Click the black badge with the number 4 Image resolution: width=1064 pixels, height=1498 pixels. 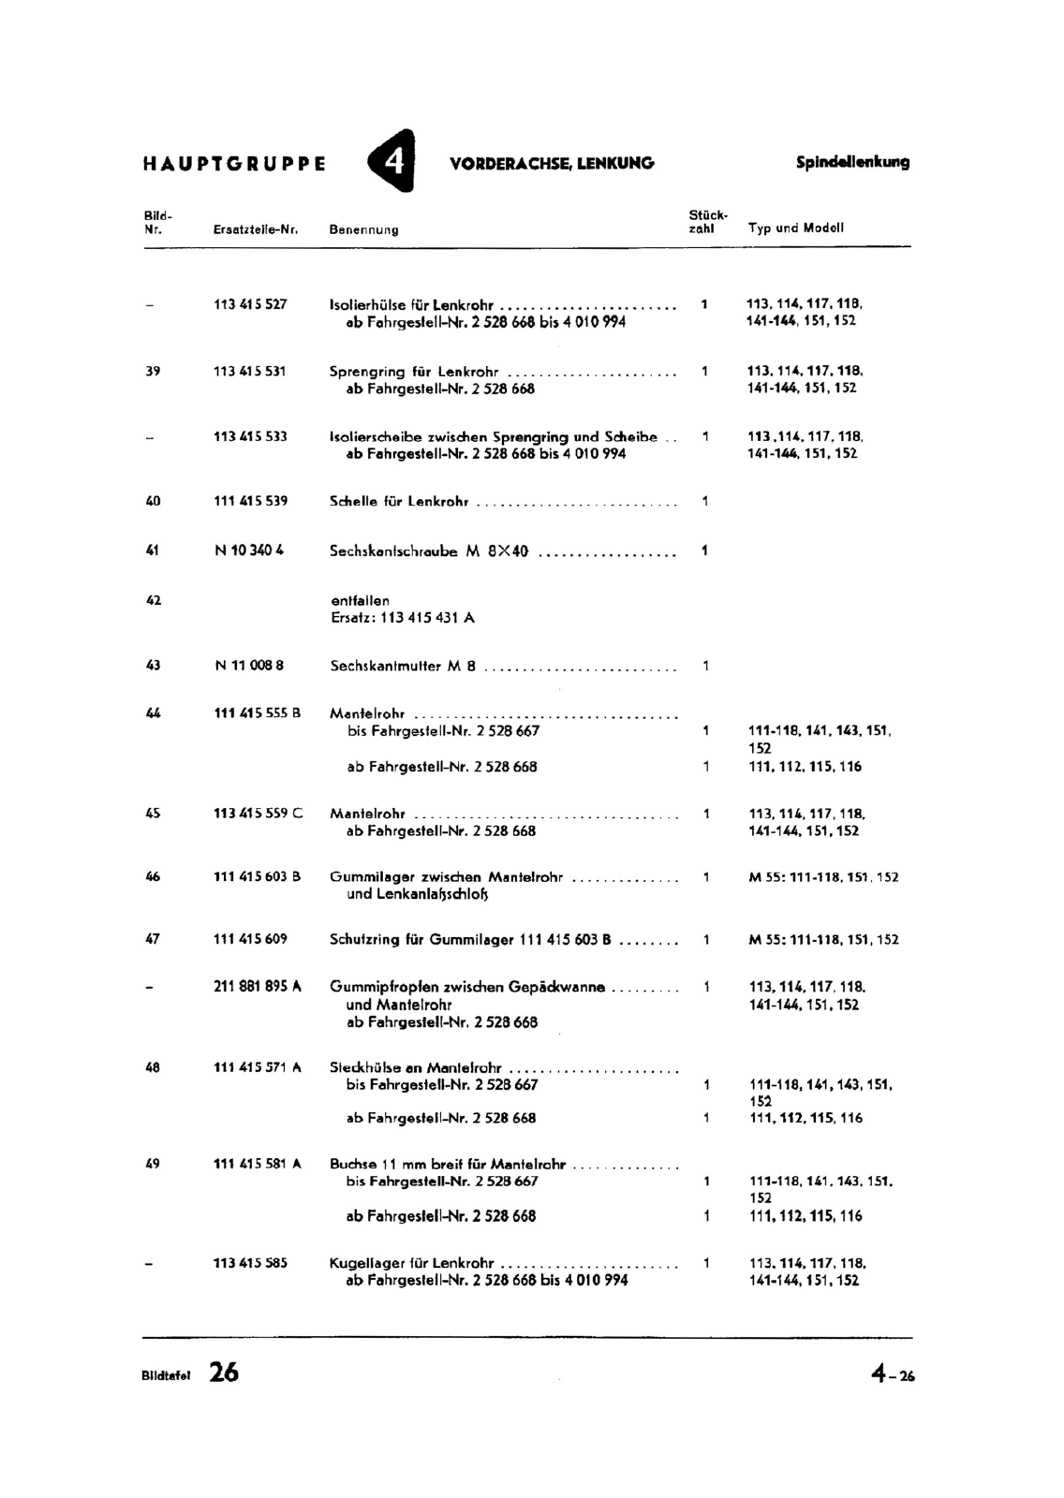392,162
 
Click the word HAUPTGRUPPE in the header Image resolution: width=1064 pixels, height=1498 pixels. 235,164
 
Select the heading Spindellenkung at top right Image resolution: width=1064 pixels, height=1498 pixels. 852,162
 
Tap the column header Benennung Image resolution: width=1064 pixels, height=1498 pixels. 363,229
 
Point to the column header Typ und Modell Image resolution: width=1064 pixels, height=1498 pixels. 796,228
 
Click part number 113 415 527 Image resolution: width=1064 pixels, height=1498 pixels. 250,304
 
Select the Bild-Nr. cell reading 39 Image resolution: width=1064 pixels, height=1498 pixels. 153,371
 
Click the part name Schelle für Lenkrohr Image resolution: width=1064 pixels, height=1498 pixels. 399,502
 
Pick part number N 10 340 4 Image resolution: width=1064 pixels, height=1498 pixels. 249,551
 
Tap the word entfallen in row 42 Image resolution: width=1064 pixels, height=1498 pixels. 360,600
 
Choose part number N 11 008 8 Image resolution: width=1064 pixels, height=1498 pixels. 249,666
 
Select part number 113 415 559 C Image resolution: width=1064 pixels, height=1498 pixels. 258,814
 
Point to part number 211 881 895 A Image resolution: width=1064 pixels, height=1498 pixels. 258,986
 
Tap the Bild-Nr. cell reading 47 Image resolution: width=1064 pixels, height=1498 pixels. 153,939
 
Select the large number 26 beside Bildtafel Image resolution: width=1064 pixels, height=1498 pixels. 224,1373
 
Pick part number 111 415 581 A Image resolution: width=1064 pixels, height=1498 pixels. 258,1164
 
